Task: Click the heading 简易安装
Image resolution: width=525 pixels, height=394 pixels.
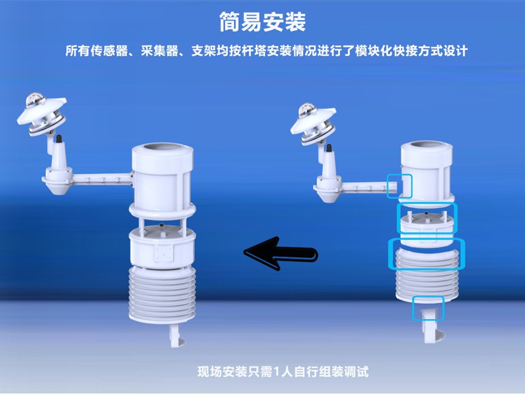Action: [x=262, y=22]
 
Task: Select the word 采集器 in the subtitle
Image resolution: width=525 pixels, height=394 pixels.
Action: [x=160, y=51]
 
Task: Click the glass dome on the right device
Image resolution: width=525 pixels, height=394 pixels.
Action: [x=308, y=110]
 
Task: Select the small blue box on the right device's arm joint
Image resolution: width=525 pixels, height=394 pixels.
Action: [x=399, y=186]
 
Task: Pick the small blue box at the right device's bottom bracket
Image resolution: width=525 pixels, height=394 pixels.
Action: [x=428, y=307]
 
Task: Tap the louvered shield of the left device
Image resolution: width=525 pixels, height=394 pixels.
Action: [x=161, y=293]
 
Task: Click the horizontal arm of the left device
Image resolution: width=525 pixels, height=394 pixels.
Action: [x=98, y=178]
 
